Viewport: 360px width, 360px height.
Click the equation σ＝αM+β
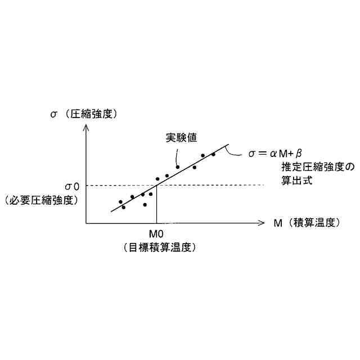tap(276, 152)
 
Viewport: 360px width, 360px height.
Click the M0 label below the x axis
tap(156, 234)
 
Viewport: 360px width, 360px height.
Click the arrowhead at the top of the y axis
tap(86, 128)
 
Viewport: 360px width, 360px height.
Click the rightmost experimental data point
tap(213, 154)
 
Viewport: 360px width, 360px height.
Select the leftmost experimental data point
tap(120, 201)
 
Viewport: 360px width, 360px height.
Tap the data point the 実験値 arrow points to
tap(178, 166)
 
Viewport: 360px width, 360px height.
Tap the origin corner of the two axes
tap(86, 223)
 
